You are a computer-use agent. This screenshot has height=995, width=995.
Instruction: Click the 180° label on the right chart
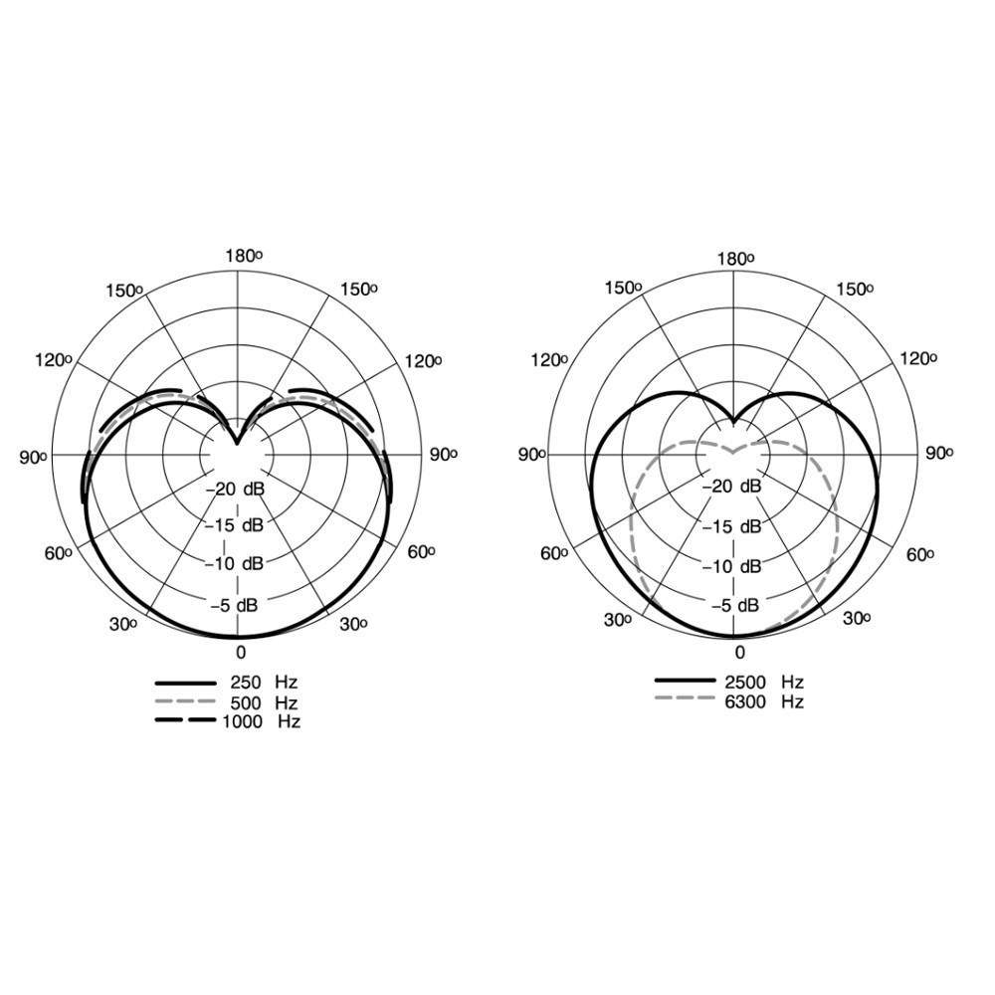[736, 259]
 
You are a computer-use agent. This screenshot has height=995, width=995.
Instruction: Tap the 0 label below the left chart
[241, 653]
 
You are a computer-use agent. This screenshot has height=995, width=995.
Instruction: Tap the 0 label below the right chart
[739, 653]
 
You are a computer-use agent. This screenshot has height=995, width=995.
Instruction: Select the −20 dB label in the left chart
[235, 489]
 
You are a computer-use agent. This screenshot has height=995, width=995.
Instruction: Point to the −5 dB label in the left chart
[235, 605]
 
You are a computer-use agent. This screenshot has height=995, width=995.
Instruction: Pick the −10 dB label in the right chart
[731, 566]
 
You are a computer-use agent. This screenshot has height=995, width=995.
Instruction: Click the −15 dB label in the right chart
[731, 526]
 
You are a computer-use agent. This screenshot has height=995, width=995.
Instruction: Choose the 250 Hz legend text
[264, 683]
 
